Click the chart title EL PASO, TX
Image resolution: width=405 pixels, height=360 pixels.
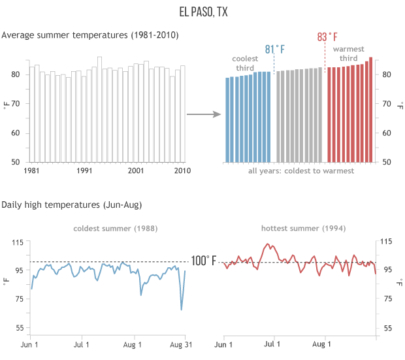(202, 12)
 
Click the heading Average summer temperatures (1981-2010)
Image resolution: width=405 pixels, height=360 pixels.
(89, 34)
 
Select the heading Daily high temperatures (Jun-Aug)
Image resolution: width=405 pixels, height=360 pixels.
(72, 205)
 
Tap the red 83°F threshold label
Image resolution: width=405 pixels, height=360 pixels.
(327, 37)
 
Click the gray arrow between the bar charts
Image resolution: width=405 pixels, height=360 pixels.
(203, 115)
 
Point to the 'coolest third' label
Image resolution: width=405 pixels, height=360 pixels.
(245, 63)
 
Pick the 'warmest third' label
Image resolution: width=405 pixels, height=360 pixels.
(349, 54)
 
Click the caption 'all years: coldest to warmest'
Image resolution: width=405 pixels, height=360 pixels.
(301, 171)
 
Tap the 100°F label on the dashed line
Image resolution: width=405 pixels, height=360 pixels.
(204, 261)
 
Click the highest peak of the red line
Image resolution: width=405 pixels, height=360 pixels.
(268, 245)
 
